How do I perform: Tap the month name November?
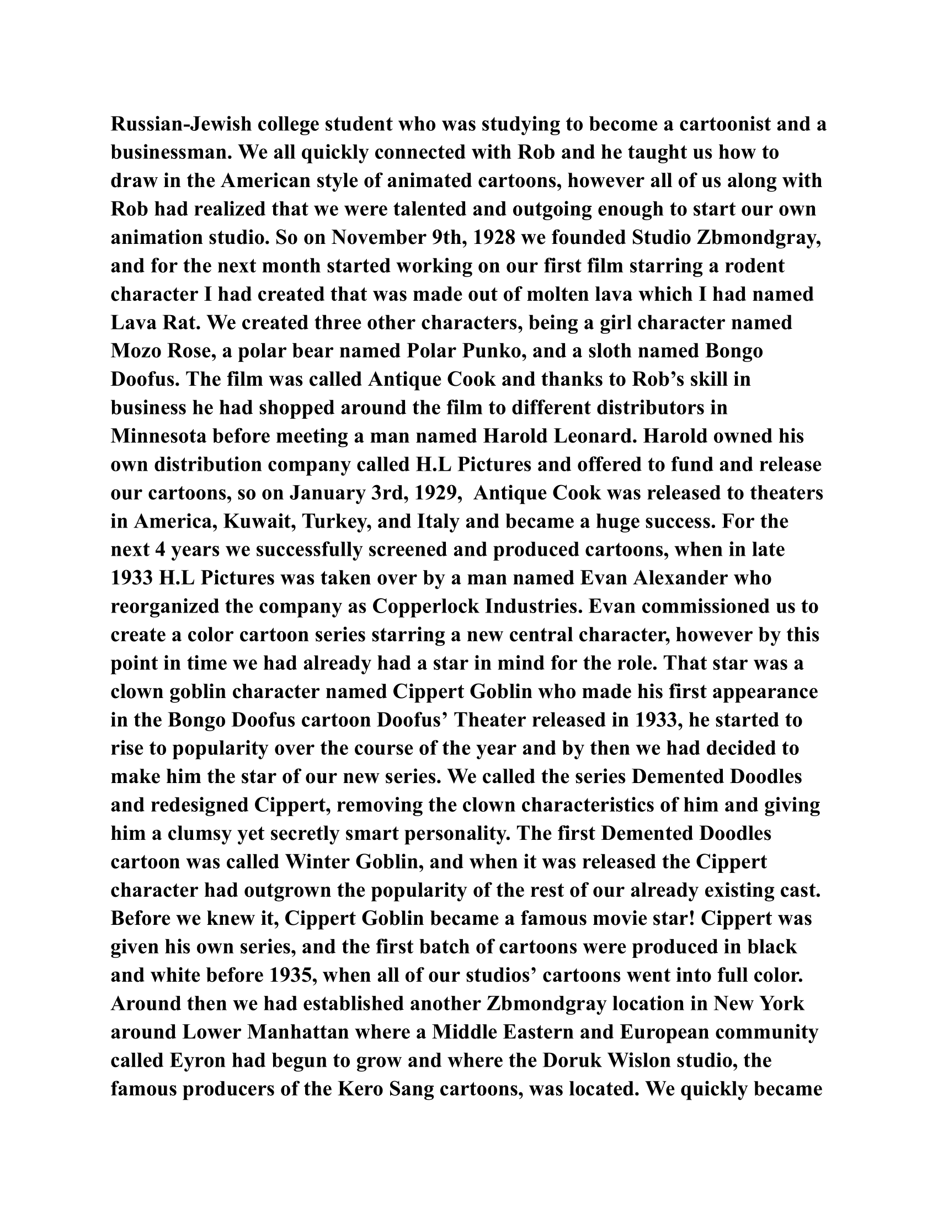[377, 237]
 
